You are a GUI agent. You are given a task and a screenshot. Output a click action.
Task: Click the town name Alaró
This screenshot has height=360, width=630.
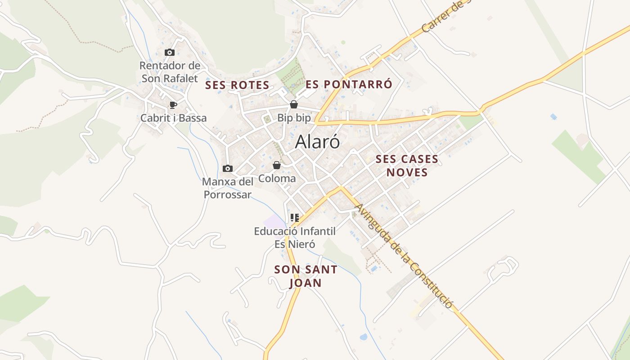click(317, 142)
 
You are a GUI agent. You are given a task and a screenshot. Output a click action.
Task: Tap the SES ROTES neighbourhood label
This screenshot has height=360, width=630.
click(237, 85)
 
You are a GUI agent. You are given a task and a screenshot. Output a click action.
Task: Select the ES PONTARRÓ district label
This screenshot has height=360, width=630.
click(349, 84)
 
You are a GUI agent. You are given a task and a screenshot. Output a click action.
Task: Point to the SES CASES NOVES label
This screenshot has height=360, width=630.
click(407, 166)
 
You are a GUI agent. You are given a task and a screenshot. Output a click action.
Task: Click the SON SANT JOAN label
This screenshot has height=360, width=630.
click(306, 276)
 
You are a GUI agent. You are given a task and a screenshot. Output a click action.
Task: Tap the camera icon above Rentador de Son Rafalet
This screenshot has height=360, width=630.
click(170, 53)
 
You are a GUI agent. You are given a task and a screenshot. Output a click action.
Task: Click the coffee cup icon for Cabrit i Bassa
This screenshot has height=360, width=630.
click(173, 105)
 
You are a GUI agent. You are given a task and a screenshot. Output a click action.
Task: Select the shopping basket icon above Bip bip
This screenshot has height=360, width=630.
click(294, 105)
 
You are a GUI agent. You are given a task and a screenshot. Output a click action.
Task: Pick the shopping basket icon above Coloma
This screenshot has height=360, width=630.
click(277, 166)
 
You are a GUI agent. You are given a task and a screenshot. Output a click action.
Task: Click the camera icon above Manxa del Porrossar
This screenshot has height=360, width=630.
click(228, 169)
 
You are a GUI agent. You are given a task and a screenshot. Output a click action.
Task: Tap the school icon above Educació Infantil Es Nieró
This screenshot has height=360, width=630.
click(295, 218)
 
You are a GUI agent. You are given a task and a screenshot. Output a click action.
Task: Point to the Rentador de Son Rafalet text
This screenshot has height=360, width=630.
click(170, 72)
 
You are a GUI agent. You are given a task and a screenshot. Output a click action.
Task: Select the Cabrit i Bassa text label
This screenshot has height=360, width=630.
click(173, 118)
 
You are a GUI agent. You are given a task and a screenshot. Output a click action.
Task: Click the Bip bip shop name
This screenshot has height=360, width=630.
click(294, 118)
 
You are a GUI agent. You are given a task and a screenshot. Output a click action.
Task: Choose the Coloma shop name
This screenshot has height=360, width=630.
click(277, 179)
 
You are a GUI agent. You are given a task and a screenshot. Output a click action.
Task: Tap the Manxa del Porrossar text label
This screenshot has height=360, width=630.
click(228, 188)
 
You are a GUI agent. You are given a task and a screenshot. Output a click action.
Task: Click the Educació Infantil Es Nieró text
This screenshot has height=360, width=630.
click(295, 238)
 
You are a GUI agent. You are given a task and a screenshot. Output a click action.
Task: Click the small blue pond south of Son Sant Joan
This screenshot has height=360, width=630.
click(363, 337)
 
